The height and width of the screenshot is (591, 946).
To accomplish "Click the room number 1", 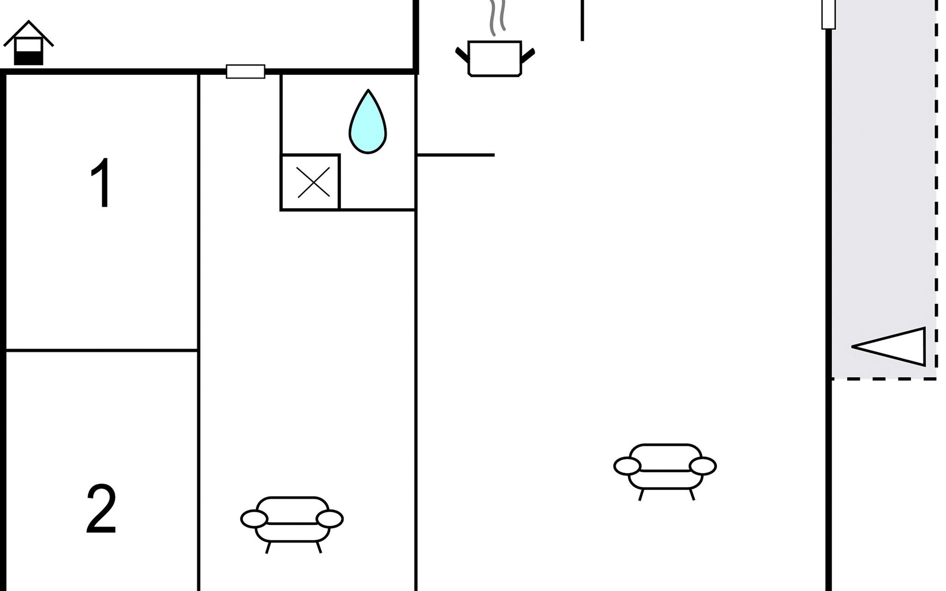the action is coord(102,183).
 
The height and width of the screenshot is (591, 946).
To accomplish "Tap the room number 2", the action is coord(101,509).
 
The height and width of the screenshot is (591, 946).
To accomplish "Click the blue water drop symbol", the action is coord(368,122).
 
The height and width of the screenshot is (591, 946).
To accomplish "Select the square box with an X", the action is coord(310,182).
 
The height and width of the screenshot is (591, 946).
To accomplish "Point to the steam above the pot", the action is coord(497,18).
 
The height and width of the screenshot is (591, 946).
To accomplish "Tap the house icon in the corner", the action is coord(29,43).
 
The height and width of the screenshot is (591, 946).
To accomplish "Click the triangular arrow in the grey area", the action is coord(888,347).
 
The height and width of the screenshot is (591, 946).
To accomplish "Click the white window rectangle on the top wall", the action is coord(245,71).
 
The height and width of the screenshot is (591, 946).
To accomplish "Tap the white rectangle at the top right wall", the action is coord(829,14).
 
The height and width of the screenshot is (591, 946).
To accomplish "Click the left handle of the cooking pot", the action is coord(462,55).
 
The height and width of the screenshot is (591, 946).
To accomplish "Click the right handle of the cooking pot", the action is coord(528,56).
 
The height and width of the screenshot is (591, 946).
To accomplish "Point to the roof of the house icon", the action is coord(29,33).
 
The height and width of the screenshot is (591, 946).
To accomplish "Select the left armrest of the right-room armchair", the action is coord(627,466).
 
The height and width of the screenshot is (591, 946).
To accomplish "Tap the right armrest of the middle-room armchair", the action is coord(330,519).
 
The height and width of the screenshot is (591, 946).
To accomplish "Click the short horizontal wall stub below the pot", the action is coord(456,155).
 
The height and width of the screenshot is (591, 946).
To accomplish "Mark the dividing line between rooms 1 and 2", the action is coord(102,350).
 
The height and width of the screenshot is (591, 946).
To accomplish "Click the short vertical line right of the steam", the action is coord(582,20).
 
